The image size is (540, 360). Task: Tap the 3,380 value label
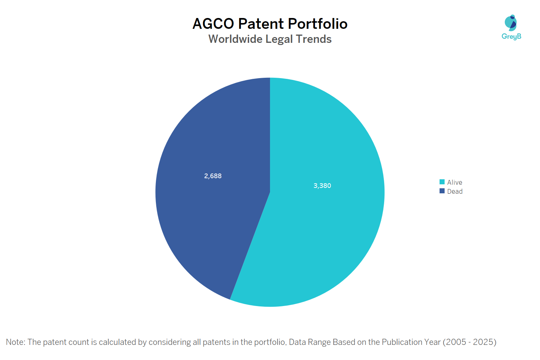322,186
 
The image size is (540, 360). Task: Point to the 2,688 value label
213,176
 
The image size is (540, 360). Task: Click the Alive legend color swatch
442,182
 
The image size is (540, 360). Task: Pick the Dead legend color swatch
442,191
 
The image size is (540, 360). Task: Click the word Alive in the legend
455,183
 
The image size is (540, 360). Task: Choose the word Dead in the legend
455,192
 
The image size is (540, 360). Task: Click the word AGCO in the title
213,24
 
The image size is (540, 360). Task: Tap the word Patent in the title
261,24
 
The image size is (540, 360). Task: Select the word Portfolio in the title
318,24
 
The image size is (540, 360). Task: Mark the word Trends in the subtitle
314,39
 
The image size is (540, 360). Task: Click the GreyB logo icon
511,23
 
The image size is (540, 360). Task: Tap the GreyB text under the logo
511,36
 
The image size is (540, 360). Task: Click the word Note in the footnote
15,342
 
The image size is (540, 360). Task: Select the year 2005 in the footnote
456,342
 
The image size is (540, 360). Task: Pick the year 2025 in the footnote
483,342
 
